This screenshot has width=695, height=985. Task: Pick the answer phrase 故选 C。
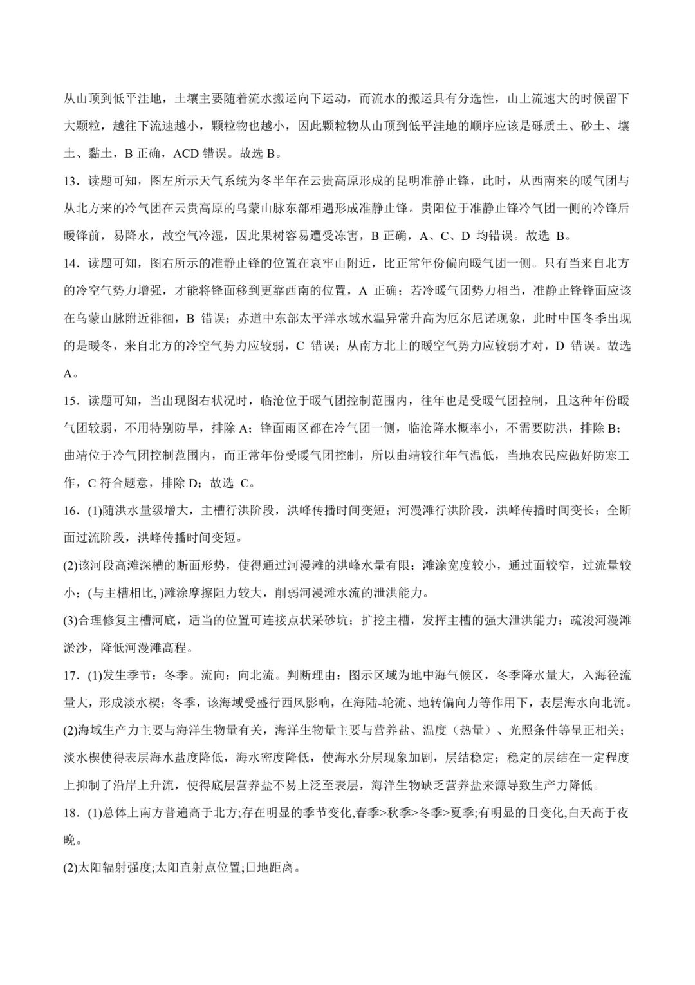[232, 483]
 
